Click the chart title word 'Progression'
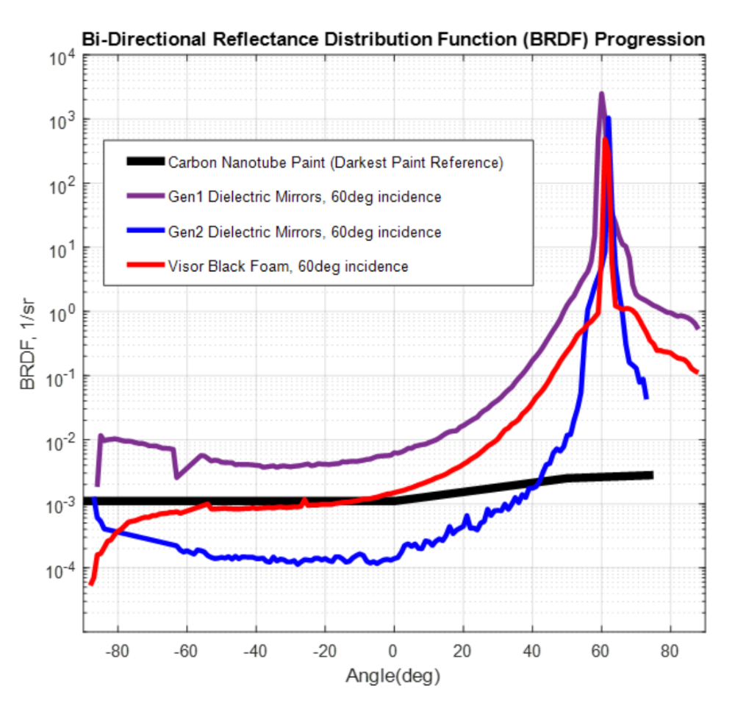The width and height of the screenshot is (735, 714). [649, 40]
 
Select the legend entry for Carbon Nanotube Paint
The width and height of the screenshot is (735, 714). [335, 163]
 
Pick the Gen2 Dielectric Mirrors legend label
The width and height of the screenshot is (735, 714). [304, 232]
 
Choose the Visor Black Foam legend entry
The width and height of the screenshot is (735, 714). [287, 266]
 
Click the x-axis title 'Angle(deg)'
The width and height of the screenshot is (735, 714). [392, 676]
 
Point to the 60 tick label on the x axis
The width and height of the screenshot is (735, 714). [601, 651]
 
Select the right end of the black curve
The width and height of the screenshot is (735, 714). [650, 475]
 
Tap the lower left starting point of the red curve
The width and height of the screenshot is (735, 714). [91, 583]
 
